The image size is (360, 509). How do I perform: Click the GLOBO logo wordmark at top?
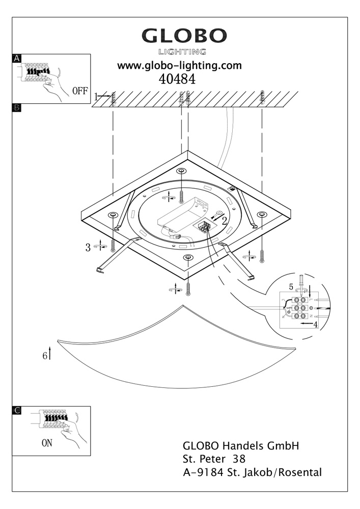click(184, 36)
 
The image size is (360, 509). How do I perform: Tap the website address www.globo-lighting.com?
click(179, 66)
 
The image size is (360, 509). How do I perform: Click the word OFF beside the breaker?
click(80, 92)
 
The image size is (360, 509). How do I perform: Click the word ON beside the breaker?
click(47, 443)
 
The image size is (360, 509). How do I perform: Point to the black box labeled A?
click(16, 58)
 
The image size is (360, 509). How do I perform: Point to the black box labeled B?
click(16, 108)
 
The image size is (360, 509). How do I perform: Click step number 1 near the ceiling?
click(97, 96)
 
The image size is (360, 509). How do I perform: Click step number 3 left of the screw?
click(88, 248)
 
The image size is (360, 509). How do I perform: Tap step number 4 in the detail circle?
click(316, 324)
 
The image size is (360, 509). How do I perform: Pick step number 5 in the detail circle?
click(291, 286)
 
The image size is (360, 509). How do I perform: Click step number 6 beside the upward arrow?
click(45, 355)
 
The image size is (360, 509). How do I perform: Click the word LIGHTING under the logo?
click(182, 51)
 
